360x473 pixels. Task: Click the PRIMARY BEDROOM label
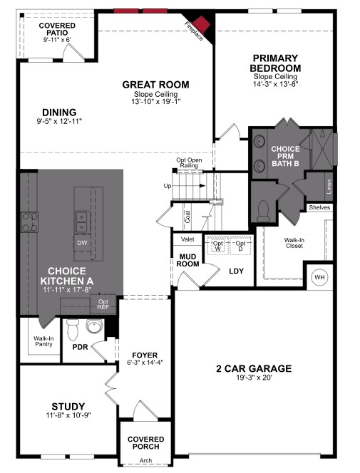[275, 63]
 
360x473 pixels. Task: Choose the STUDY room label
[68, 406]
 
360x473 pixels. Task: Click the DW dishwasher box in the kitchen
[83, 243]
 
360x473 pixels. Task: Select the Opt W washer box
[218, 245]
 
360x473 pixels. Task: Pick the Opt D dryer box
[240, 245]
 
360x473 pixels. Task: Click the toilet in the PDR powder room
[71, 330]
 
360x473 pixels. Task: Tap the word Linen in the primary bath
[329, 187]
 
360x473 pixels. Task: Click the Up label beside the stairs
[168, 186]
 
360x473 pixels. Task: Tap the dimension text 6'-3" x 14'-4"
[145, 363]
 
